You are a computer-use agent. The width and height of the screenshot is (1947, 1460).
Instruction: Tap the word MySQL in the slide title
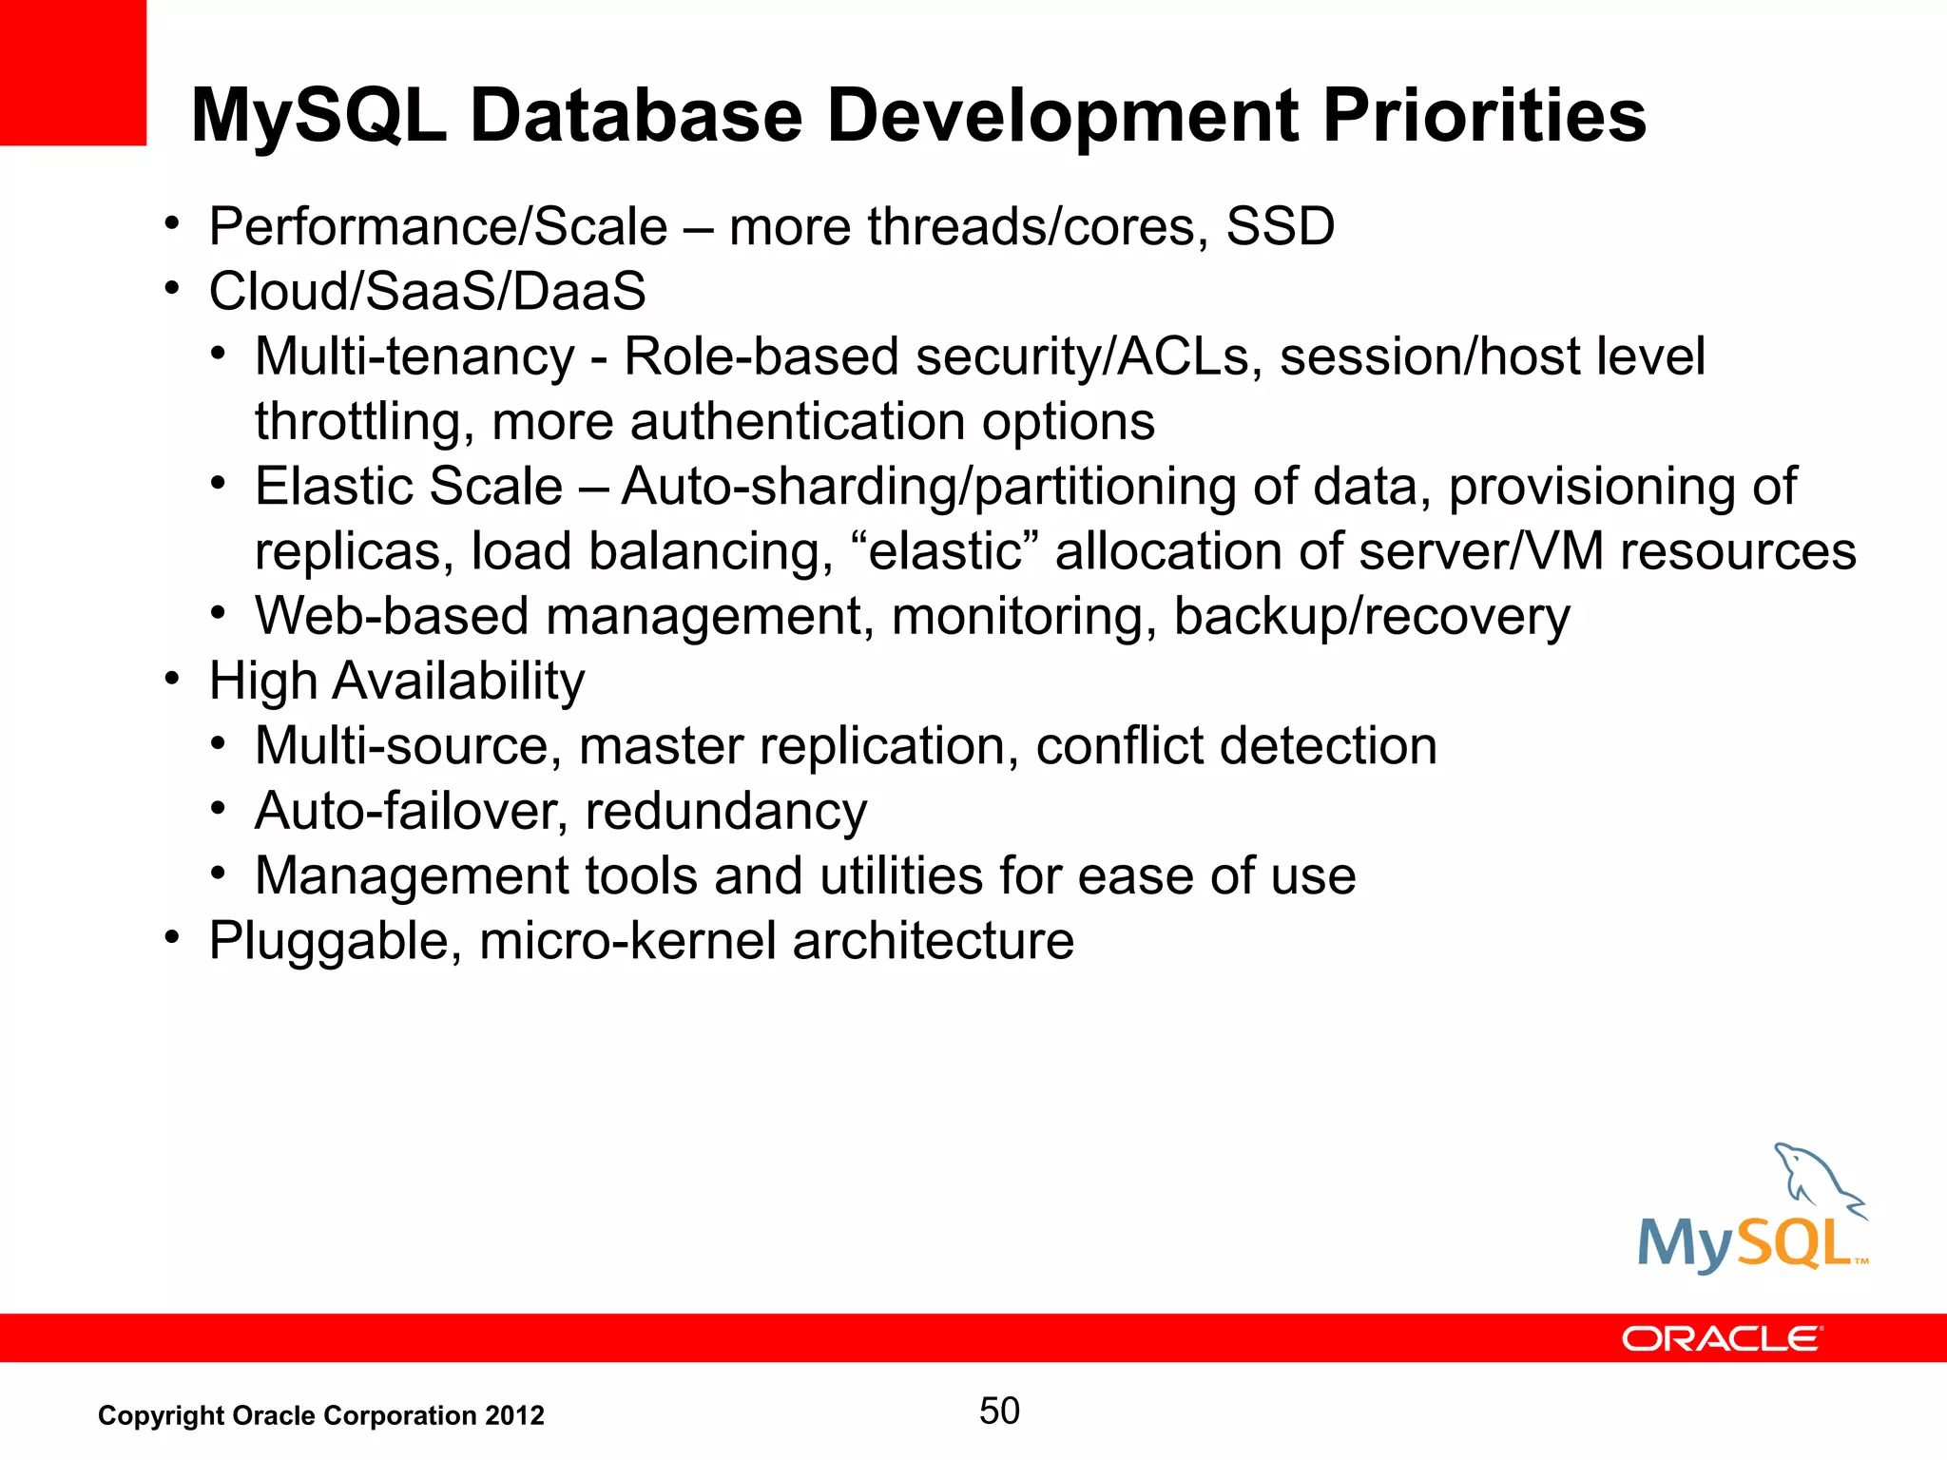[318, 116]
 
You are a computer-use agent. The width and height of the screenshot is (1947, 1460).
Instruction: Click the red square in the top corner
[72, 72]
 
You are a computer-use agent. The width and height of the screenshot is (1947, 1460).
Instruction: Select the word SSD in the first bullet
[1280, 227]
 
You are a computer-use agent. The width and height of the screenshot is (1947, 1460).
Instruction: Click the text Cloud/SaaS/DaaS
[427, 291]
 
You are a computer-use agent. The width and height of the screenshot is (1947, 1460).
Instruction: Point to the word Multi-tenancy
[414, 357]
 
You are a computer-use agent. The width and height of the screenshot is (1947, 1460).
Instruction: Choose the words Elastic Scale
[409, 487]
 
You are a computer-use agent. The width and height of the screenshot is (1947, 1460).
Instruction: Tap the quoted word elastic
[945, 551]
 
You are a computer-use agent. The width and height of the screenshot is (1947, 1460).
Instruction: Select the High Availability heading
[396, 682]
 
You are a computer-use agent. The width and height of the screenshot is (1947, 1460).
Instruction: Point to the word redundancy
[725, 813]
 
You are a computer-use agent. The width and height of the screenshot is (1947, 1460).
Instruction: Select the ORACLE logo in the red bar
[1722, 1338]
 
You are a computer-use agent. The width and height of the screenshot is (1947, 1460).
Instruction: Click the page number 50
[999, 1411]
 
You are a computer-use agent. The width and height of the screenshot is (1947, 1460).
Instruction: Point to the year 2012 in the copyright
[514, 1415]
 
